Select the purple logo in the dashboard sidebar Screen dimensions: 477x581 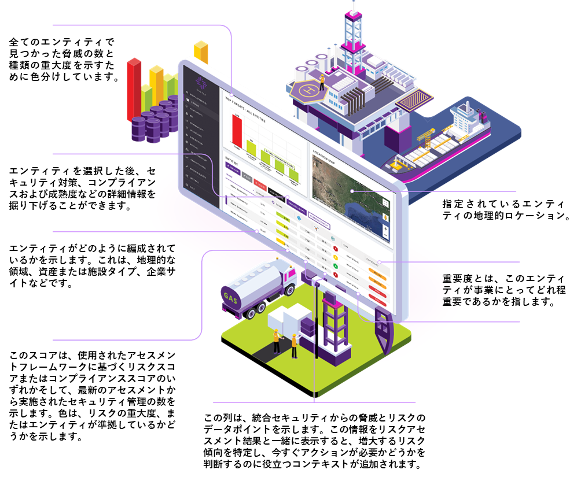click(200, 82)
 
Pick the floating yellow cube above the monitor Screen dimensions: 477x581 click(201, 52)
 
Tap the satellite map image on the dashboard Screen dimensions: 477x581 click(347, 197)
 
